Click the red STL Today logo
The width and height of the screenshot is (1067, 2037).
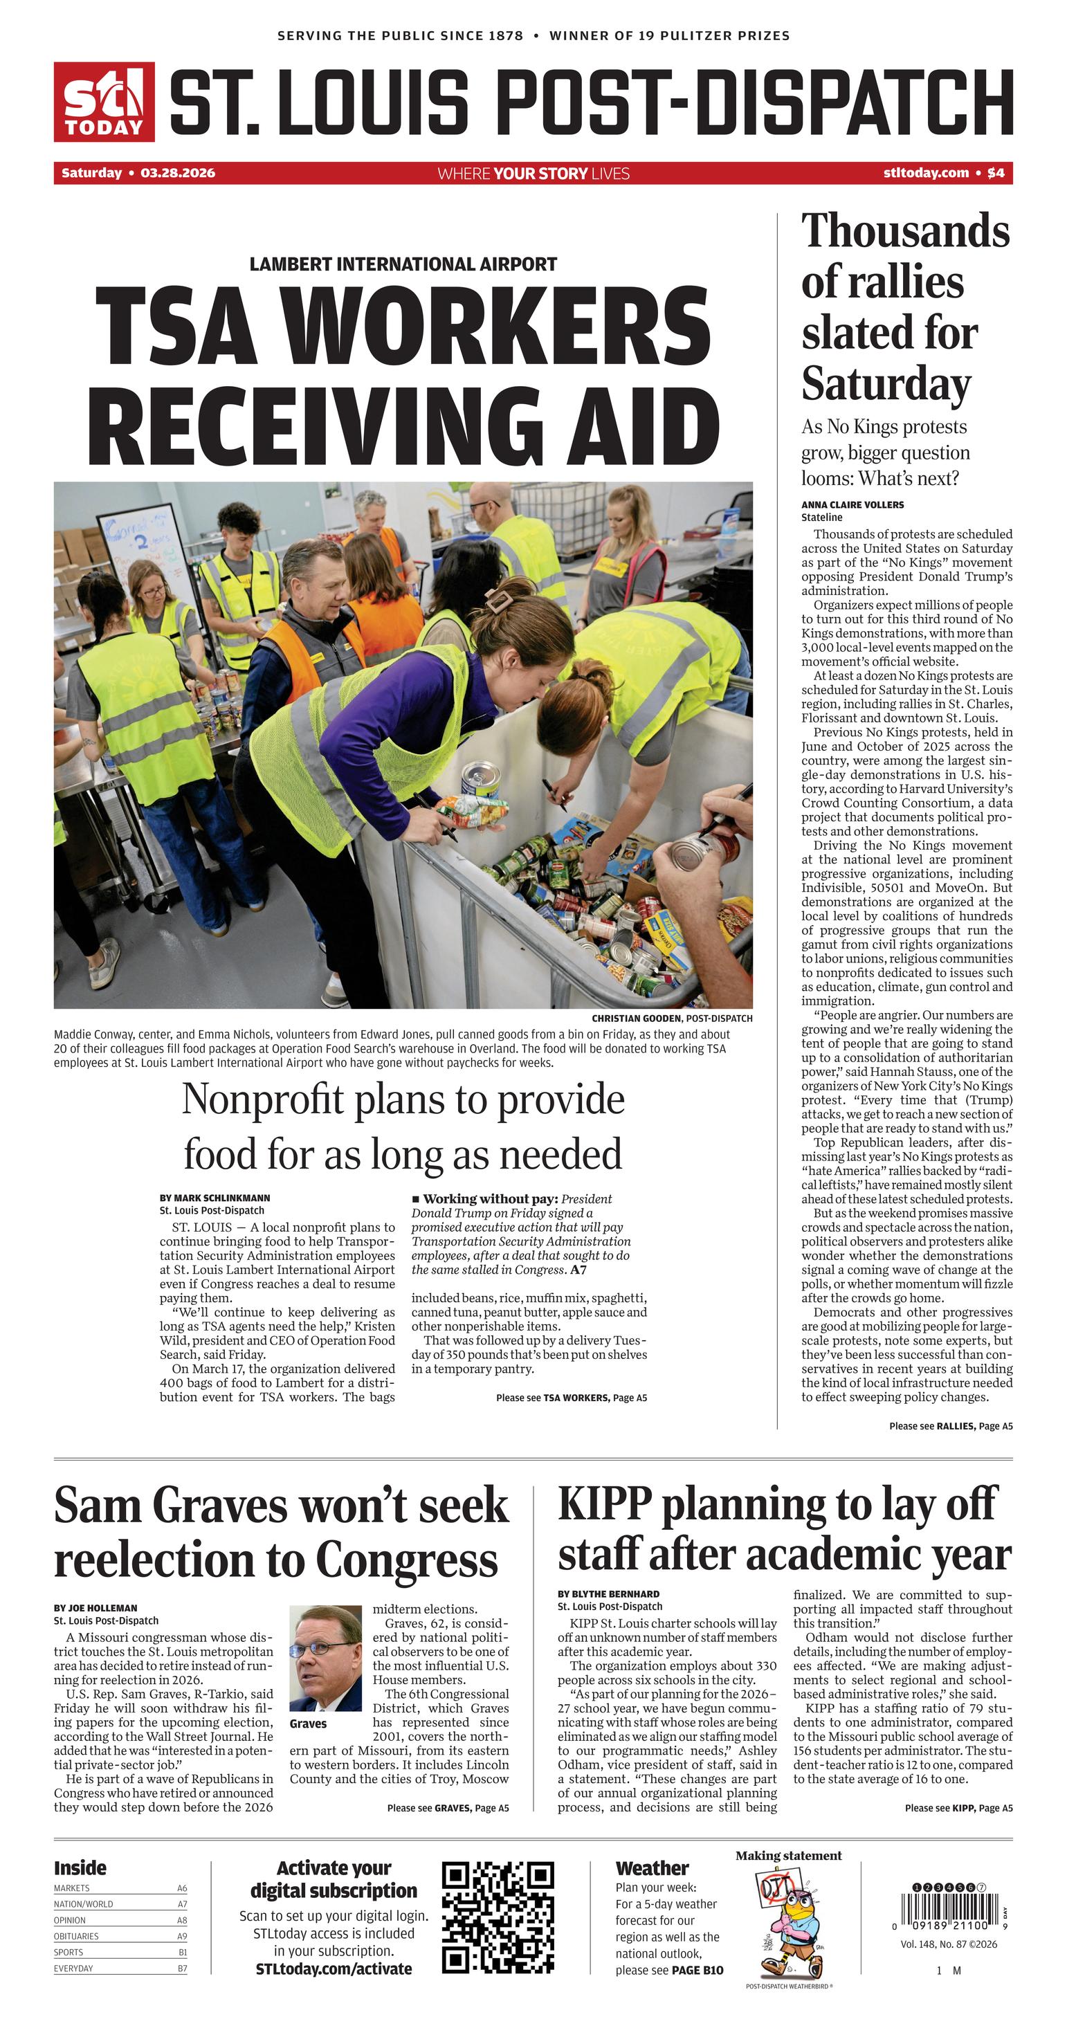[x=104, y=102]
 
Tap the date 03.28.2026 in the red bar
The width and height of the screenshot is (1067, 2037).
[x=177, y=173]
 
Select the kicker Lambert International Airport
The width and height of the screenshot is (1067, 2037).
[x=403, y=264]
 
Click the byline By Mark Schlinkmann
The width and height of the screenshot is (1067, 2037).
[x=215, y=1198]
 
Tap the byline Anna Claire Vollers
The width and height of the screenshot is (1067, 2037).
[x=852, y=504]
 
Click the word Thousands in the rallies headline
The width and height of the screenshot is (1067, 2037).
[x=905, y=232]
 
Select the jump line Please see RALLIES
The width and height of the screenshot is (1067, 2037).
[x=950, y=1426]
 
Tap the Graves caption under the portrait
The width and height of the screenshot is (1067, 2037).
[x=308, y=1723]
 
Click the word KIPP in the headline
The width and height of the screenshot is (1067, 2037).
[x=604, y=1504]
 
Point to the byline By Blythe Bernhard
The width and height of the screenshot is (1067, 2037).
[x=608, y=1594]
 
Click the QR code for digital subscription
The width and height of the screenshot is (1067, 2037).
[x=498, y=1917]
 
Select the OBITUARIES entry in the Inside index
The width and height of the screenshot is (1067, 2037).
[x=77, y=1936]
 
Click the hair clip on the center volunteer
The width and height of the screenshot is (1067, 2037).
[x=500, y=600]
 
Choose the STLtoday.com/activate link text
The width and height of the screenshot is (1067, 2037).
[x=333, y=1969]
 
